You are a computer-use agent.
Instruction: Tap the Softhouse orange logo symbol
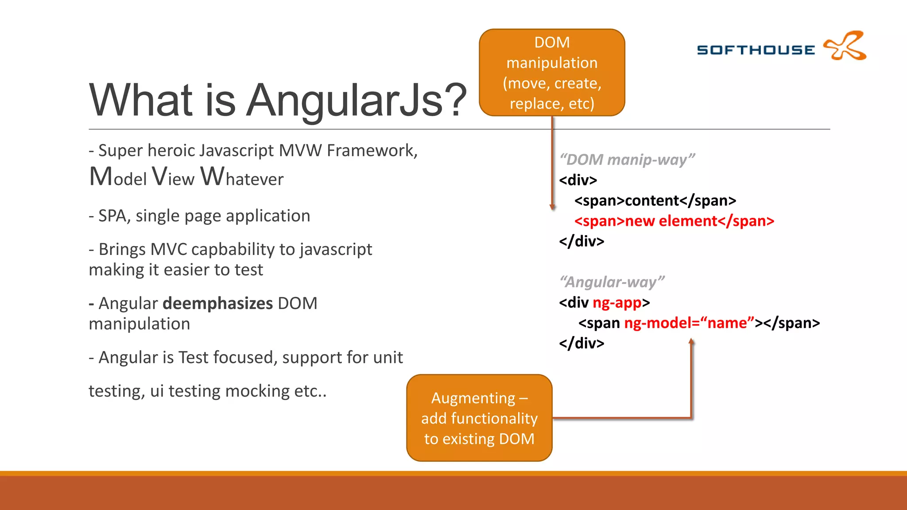(845, 46)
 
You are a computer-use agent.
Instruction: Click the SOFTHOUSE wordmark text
(756, 50)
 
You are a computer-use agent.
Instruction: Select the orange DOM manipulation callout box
(552, 73)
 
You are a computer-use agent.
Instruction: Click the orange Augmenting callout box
(479, 418)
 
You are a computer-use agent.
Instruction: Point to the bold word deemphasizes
(217, 303)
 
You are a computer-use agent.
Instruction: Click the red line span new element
(674, 221)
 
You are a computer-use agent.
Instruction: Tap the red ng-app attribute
(617, 302)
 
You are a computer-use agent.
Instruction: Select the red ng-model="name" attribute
(689, 323)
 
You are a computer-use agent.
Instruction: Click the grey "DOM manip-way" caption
(627, 159)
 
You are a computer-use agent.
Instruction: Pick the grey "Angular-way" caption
(612, 282)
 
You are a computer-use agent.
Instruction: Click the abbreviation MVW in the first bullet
(300, 151)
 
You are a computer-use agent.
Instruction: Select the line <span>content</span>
(655, 201)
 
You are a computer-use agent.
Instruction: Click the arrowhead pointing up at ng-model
(691, 341)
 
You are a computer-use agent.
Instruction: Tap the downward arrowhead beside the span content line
(552, 207)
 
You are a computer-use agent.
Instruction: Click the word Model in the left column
(118, 177)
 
